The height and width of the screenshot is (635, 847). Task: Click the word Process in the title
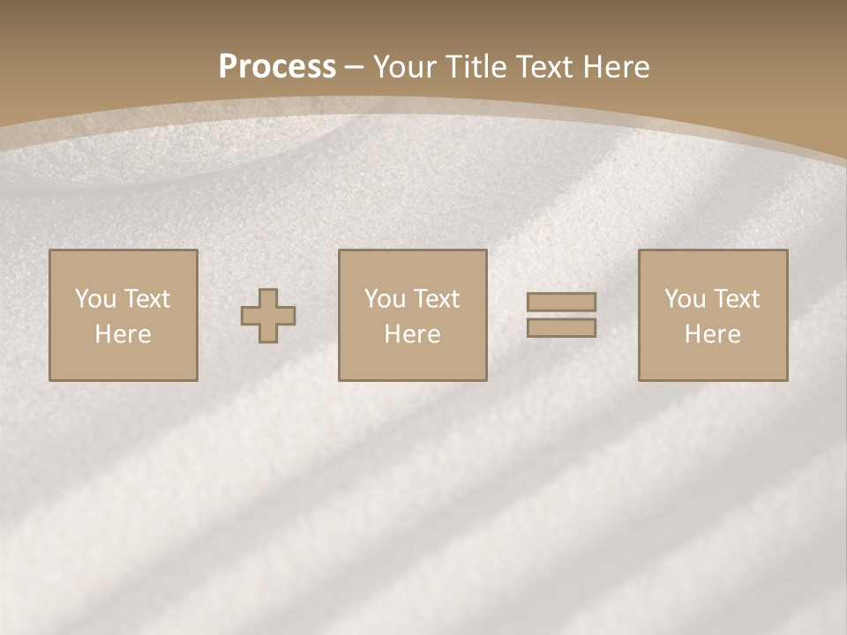point(277,67)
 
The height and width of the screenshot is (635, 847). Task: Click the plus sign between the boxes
point(268,316)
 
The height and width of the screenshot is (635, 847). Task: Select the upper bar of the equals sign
point(561,302)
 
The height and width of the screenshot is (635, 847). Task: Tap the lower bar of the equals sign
point(561,328)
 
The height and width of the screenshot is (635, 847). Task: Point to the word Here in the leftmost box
point(123,334)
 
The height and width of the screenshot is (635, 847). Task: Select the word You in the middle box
point(385,299)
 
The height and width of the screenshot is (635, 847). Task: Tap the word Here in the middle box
point(412,334)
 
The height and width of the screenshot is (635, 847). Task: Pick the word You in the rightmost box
point(685,299)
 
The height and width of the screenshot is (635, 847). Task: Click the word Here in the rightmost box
point(712,334)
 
